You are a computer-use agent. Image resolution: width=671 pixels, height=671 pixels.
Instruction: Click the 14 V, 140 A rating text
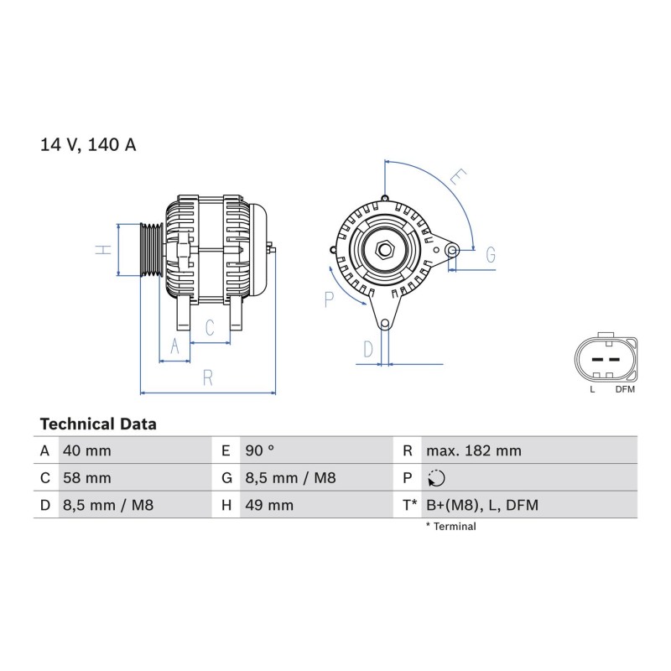coord(88,144)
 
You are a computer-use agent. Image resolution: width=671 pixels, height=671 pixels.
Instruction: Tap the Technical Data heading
coord(98,424)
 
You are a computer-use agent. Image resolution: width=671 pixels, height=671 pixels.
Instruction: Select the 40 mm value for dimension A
coord(87,450)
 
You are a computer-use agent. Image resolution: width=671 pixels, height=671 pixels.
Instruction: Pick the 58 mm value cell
coord(87,477)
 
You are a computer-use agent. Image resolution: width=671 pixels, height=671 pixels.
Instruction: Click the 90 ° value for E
coord(260,450)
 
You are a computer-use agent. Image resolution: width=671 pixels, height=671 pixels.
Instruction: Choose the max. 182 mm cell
coord(474,450)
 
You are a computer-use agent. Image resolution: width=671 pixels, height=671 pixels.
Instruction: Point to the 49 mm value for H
coord(269,505)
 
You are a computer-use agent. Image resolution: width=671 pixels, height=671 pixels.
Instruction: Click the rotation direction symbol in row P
coord(436,478)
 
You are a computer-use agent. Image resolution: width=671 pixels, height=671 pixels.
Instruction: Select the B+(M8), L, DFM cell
coord(482,505)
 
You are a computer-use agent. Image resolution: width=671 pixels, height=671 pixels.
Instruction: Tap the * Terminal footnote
coord(450,527)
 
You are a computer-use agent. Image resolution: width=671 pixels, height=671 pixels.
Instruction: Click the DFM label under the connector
coord(625,389)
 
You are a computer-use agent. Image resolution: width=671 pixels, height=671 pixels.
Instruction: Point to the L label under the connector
coord(592,389)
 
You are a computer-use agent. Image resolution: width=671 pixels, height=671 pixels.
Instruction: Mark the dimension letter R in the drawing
coord(208,378)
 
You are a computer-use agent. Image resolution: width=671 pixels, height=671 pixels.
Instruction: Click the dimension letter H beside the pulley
coord(102,249)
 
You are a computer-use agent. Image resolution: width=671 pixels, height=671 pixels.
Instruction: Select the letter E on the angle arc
coord(459,176)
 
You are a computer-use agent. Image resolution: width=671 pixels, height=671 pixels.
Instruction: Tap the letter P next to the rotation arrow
coord(329,299)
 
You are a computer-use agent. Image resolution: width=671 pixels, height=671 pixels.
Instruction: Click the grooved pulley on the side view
coord(152,249)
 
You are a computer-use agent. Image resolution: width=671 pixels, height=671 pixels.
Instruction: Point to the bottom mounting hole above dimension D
coord(385,324)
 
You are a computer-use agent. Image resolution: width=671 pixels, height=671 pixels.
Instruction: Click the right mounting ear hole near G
coord(452,250)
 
